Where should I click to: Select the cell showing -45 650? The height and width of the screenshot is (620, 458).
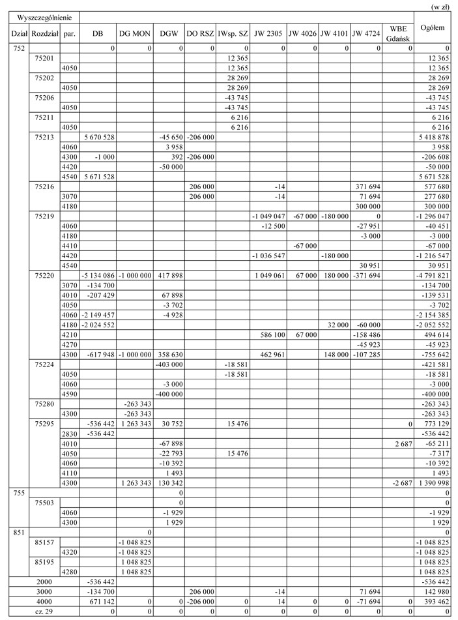(168, 138)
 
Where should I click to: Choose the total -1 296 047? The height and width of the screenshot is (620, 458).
(433, 215)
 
